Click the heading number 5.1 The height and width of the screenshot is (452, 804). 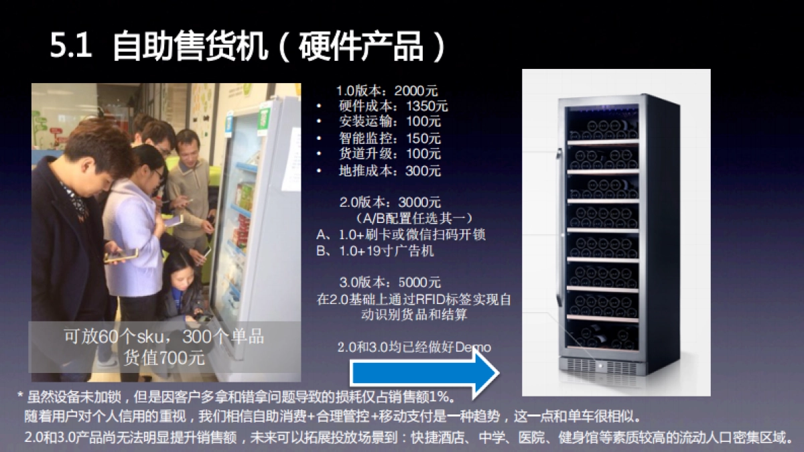70,48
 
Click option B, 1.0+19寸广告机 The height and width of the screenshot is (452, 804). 376,251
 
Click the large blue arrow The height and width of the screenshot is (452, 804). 422,374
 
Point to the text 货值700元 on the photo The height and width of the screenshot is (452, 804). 164,357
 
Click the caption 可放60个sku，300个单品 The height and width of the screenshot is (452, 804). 163,336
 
